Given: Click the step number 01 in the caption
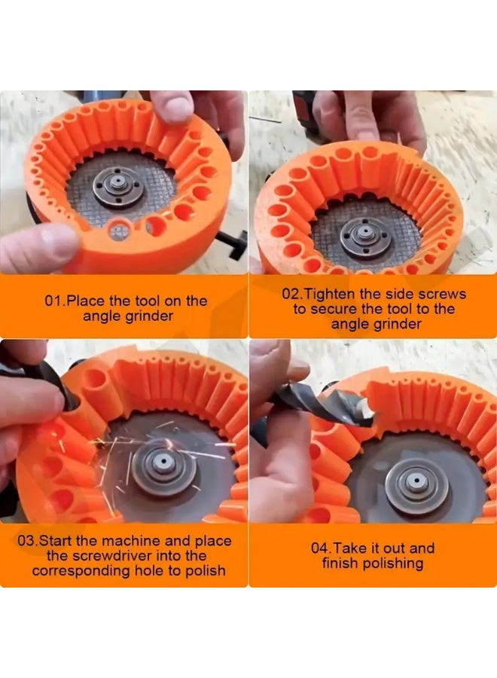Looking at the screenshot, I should point(53,301).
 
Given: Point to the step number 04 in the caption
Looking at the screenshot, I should point(321,548).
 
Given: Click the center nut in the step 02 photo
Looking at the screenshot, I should point(366,230).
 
